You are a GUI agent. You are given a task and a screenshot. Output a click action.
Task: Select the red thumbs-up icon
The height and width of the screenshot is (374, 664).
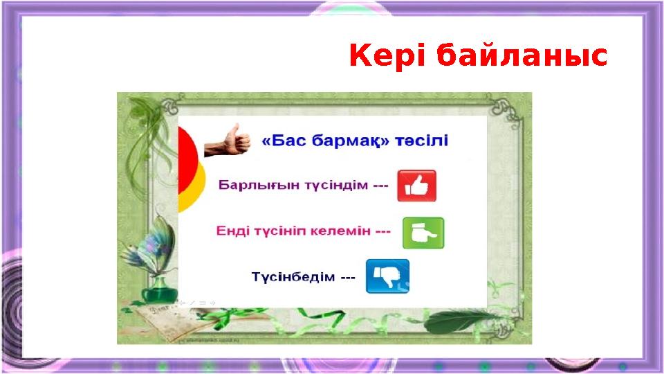click(416, 186)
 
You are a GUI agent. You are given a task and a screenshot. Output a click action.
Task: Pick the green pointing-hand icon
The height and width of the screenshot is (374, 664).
click(423, 233)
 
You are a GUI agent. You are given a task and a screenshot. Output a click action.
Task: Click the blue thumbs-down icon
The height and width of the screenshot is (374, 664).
click(387, 276)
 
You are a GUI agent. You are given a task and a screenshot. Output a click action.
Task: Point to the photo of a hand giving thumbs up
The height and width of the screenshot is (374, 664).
click(228, 141)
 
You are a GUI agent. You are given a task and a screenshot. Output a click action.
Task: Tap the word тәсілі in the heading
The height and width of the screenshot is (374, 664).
click(423, 141)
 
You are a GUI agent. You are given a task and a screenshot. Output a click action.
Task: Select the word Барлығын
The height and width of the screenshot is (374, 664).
click(250, 186)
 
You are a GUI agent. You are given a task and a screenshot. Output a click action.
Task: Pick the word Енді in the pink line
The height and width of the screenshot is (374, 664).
click(232, 231)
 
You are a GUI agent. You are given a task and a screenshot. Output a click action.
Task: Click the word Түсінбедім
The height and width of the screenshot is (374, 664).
click(293, 277)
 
